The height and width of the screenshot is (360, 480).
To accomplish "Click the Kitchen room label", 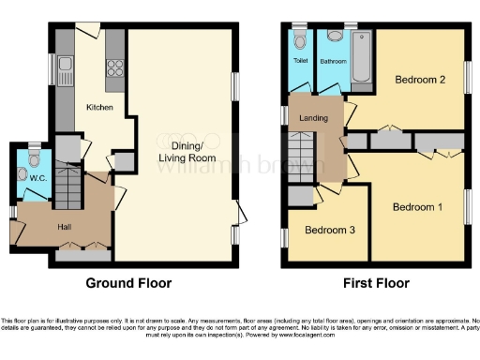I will click(99, 108).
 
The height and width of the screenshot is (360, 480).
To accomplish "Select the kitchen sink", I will click(65, 65).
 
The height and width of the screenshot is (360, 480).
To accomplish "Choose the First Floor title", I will click(372, 282).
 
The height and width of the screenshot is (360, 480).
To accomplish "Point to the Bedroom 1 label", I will click(417, 206).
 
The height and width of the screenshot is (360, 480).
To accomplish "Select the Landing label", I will click(313, 118).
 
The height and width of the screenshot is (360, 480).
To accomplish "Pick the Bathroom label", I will click(334, 62).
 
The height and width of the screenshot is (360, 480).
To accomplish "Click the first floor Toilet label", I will click(300, 62).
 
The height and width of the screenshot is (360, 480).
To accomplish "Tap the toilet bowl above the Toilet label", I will click(299, 40).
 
